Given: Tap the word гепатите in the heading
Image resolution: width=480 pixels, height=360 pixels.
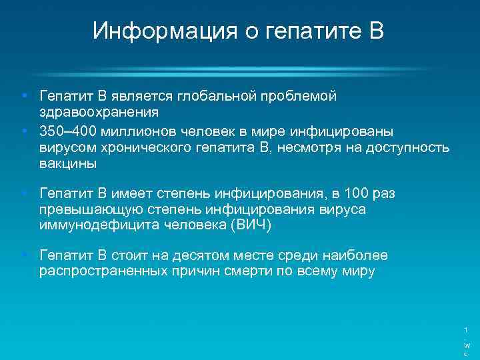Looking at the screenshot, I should click(x=293, y=31).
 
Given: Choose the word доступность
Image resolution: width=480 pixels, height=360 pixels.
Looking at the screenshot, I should click(x=409, y=147).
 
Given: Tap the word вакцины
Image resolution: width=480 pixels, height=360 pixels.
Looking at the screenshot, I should click(x=68, y=163).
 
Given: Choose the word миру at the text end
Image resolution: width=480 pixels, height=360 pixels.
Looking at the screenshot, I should click(x=357, y=271).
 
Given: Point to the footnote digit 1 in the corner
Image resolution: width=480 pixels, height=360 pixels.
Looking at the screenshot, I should click(x=466, y=329).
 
